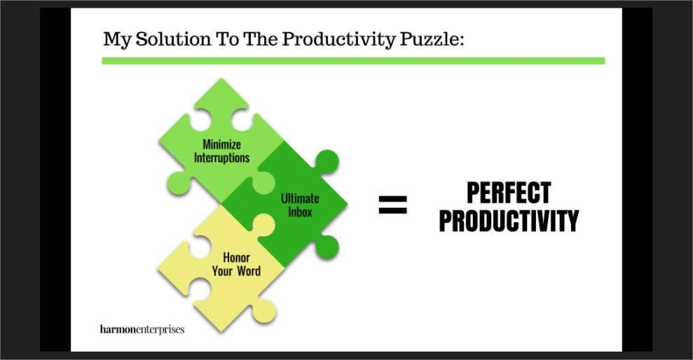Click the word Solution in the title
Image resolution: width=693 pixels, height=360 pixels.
173,39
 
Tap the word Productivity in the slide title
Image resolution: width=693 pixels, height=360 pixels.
339,40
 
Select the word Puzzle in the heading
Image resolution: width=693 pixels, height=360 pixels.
432,39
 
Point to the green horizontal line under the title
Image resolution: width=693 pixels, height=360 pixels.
353,61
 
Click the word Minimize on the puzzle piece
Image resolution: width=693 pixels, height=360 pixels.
222,144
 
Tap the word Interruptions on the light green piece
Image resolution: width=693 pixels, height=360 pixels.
222,158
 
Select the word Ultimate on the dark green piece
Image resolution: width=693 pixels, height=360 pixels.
300,198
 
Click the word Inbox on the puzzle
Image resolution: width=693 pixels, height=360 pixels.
300,212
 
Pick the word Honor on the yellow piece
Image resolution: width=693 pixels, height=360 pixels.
236,258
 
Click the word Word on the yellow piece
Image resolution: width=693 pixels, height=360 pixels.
249,271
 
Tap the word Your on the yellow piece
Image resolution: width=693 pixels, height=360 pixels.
222,271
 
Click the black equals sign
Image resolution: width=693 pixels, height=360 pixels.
393,205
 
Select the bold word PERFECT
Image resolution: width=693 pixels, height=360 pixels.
509,193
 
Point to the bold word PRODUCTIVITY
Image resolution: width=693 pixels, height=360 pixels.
509,221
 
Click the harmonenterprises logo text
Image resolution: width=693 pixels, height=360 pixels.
142,329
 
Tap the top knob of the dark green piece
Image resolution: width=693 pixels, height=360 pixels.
327,161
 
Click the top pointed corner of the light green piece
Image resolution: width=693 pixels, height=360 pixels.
221,78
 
